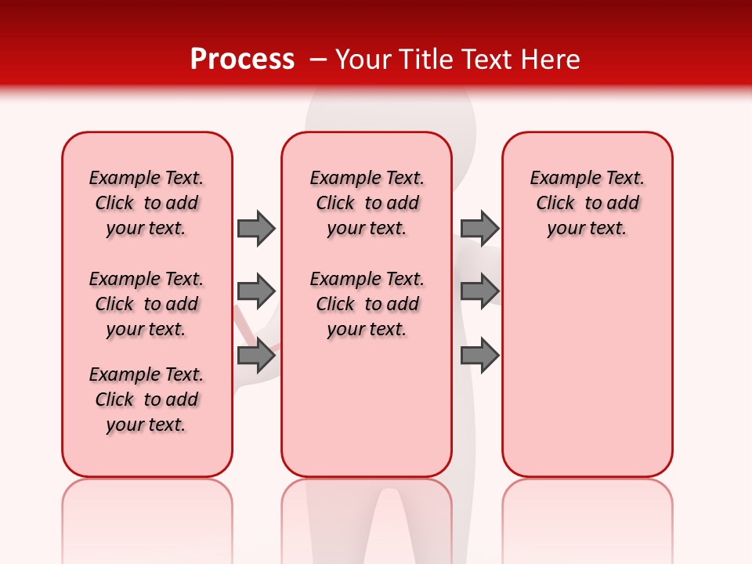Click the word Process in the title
[242, 60]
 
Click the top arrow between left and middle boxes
[256, 228]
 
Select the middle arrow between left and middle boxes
[256, 291]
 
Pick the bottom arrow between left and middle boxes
[256, 356]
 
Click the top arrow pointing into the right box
[479, 228]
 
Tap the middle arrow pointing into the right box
[479, 291]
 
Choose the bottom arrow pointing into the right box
[479, 356]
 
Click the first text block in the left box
[146, 203]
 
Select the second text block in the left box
[146, 304]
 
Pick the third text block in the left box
[146, 399]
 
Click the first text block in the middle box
[367, 203]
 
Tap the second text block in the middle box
[367, 304]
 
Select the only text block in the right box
[587, 203]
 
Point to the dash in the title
[318, 60]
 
